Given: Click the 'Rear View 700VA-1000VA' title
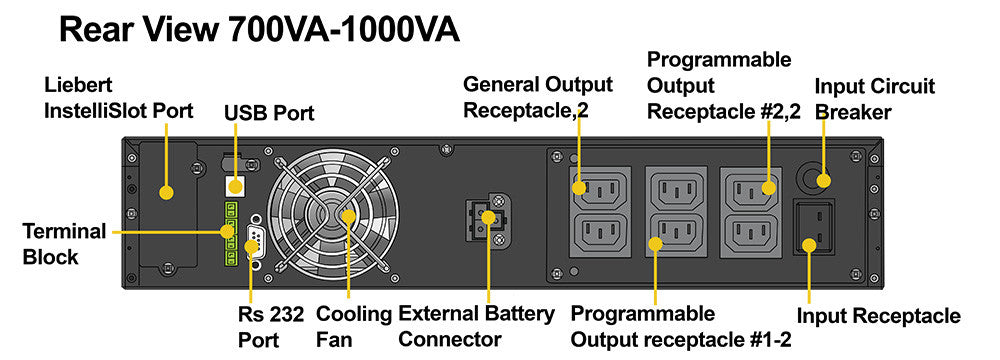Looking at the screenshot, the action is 259,31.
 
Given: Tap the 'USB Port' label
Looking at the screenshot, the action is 269,113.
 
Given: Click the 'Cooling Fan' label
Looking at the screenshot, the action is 354,326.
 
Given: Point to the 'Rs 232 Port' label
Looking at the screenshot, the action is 271,326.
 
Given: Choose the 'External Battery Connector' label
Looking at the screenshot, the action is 476,326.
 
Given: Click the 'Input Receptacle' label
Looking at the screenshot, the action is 879,315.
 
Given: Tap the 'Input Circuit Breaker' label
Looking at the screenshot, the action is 874,99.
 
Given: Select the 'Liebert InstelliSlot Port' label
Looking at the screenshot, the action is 119,98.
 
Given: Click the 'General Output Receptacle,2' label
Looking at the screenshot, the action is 538,97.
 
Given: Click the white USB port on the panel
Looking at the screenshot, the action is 235,186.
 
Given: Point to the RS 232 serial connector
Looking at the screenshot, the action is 253,237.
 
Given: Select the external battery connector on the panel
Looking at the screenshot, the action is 485,217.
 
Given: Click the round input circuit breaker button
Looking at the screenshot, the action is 814,179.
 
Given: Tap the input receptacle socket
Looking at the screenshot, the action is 813,227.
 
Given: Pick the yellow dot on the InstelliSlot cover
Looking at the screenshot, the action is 166,192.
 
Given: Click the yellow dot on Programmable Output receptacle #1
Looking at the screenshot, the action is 655,244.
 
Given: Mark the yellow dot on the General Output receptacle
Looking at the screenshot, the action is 578,188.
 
